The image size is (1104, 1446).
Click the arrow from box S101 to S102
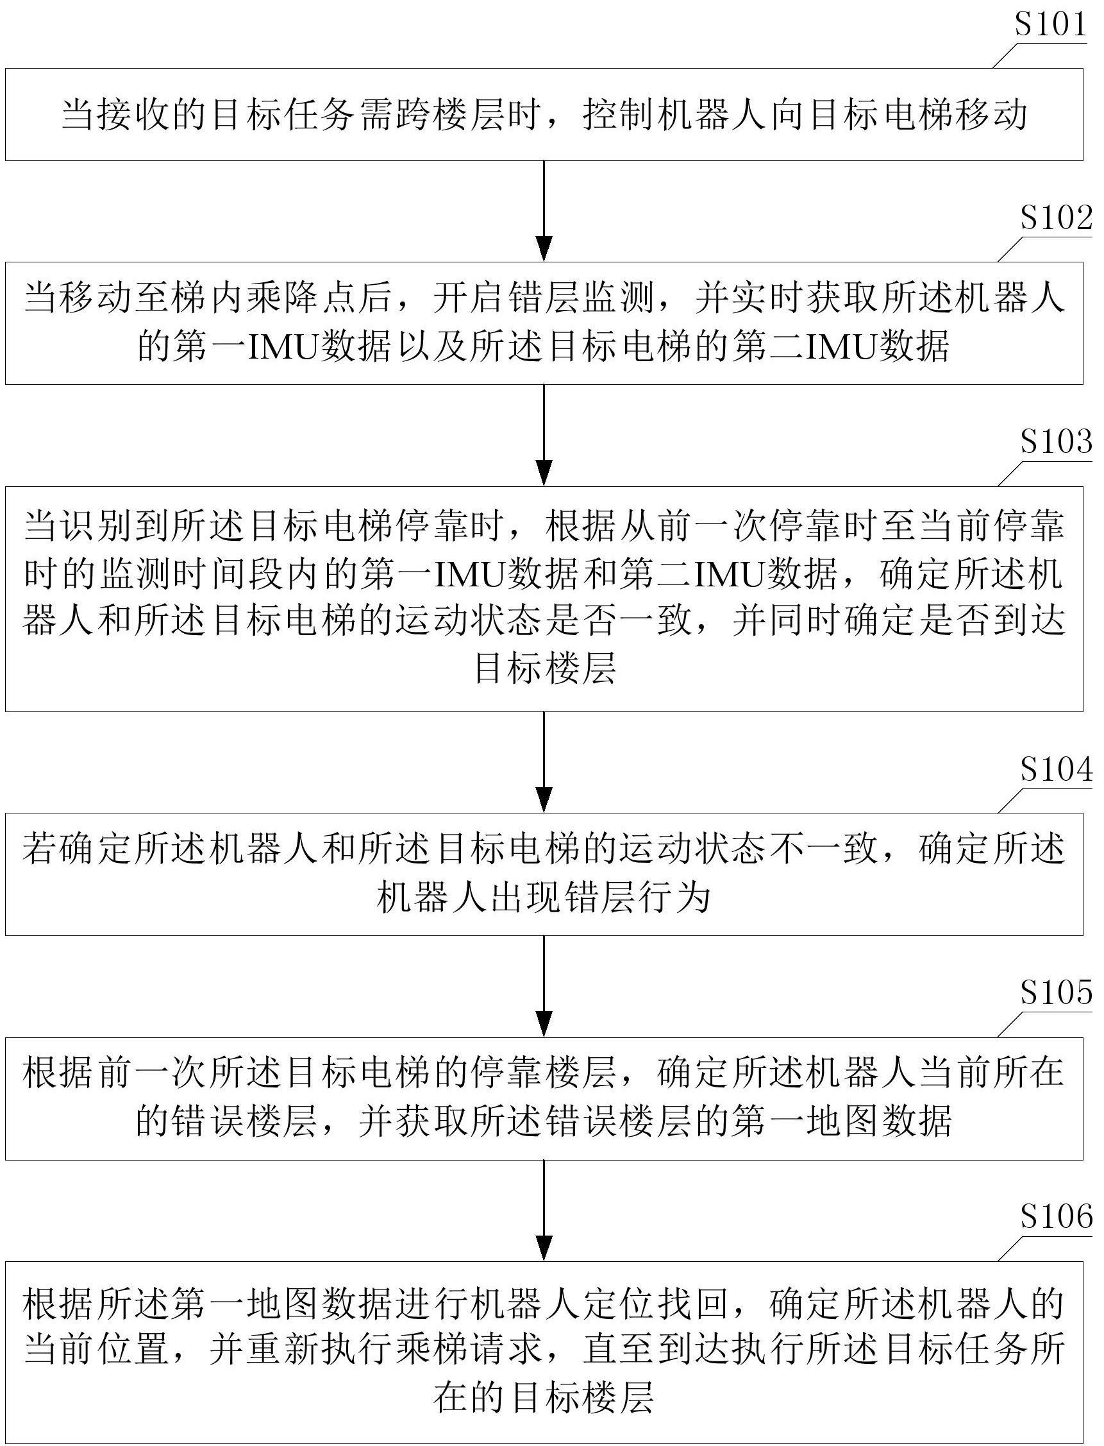(544, 210)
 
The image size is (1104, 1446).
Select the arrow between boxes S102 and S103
(544, 436)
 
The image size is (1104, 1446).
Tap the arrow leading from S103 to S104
(544, 762)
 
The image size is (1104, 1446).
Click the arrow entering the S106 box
(544, 1211)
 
